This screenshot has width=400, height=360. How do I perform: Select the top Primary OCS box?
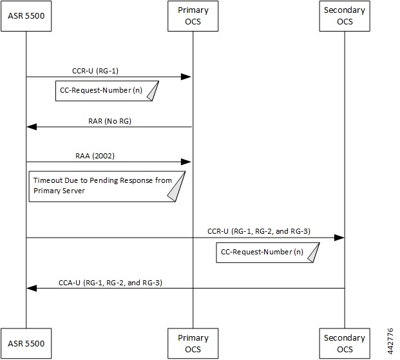(193, 15)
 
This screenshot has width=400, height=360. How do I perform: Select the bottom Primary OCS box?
(193, 343)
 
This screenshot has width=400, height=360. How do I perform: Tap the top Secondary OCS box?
(344, 15)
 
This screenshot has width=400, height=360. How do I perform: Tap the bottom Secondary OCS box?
(344, 343)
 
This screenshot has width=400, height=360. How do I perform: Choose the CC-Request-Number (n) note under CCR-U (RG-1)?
(105, 91)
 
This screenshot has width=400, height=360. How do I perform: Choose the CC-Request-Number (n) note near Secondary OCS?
(267, 252)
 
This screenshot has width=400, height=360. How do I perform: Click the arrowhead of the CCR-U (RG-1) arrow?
(186, 77)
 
